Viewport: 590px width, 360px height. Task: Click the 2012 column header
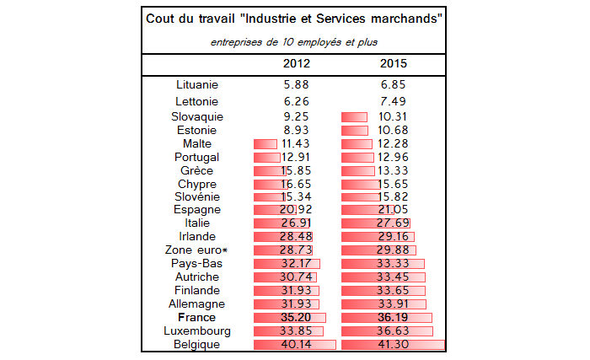click(x=295, y=63)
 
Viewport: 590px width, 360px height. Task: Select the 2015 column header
click(x=394, y=63)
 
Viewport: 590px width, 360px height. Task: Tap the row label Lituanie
click(x=197, y=84)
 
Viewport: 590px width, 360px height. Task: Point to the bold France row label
click(x=197, y=318)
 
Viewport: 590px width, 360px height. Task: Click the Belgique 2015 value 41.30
click(x=394, y=345)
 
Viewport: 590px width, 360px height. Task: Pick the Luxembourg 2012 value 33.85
click(x=295, y=331)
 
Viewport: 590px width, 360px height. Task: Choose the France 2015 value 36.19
click(x=394, y=318)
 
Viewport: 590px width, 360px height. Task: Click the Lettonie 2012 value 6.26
click(x=295, y=102)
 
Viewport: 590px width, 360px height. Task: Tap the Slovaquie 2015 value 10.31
click(x=394, y=116)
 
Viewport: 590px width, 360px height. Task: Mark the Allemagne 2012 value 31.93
click(x=295, y=304)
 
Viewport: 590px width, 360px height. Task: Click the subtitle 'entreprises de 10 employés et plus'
click(x=295, y=41)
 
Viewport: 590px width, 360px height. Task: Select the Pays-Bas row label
click(x=197, y=264)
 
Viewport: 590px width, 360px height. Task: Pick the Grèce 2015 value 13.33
click(x=394, y=171)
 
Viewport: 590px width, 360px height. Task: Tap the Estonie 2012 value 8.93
click(x=295, y=131)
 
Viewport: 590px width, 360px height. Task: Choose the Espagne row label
click(x=197, y=210)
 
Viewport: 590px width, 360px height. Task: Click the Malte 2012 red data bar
click(x=265, y=144)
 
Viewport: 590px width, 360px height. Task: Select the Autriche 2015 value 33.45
click(x=394, y=277)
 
